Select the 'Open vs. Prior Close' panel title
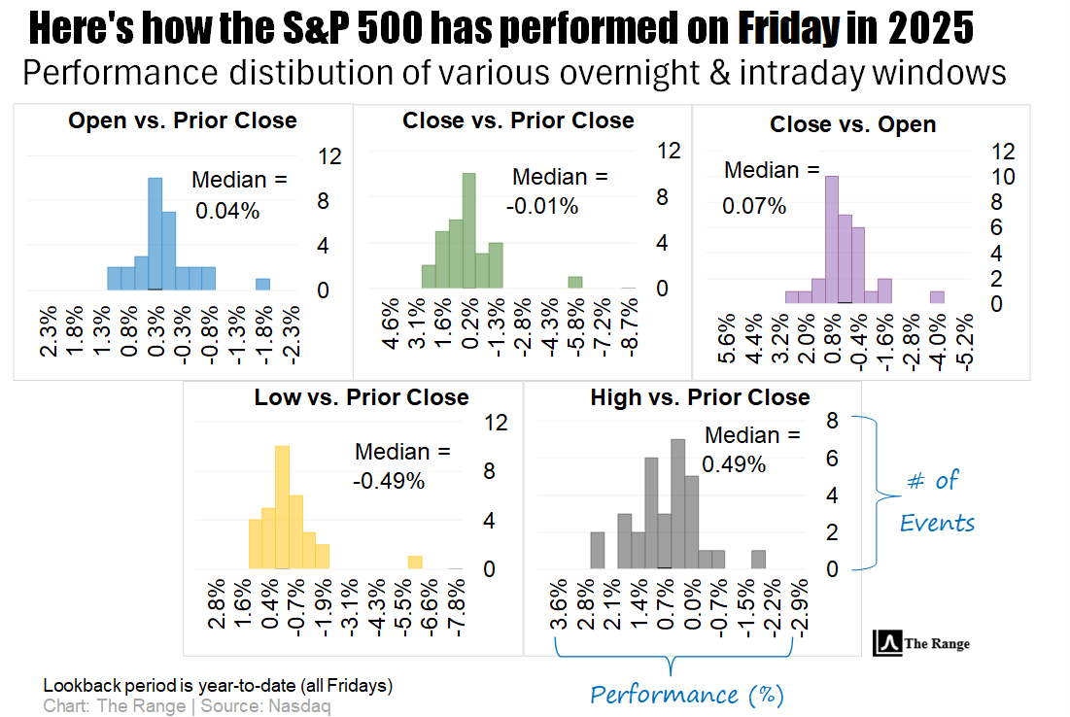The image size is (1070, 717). tap(183, 121)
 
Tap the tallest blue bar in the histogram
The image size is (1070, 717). tap(155, 233)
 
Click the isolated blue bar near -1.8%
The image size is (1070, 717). tap(262, 284)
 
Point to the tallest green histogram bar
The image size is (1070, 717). tap(469, 230)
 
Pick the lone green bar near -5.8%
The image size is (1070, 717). tap(575, 282)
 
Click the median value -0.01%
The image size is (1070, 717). tap(542, 206)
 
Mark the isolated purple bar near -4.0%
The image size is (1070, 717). tap(937, 296)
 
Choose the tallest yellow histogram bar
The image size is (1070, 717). tap(282, 506)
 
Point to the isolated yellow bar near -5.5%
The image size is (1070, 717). tap(415, 562)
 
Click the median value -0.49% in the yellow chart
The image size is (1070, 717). tap(389, 480)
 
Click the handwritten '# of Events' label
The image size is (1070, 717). tap(934, 500)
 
